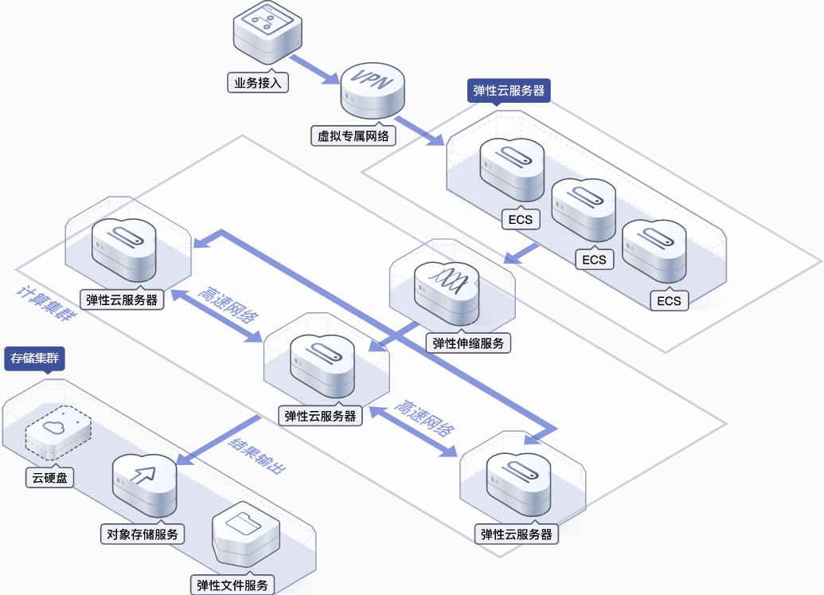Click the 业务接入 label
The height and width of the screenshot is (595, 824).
[257, 83]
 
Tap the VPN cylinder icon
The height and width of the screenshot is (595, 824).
[373, 91]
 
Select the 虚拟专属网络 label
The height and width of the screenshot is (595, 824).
[353, 136]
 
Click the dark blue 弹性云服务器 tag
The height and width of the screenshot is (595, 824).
[509, 91]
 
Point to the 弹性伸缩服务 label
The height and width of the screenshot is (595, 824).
[468, 343]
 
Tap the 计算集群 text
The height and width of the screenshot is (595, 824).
[47, 303]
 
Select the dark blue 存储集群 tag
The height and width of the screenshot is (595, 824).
[35, 358]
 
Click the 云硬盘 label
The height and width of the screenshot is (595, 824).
[50, 478]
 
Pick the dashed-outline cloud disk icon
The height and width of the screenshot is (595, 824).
[58, 432]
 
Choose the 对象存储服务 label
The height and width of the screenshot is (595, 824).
[143, 534]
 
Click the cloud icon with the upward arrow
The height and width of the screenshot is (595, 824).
[145, 484]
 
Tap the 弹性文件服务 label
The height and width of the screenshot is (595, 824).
[232, 585]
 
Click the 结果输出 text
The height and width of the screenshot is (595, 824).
[257, 455]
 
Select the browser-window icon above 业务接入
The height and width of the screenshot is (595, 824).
[268, 33]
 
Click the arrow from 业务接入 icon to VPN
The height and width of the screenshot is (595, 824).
[315, 69]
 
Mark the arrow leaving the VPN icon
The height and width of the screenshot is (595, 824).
[420, 130]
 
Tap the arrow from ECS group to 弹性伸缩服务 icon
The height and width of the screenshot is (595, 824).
[521, 253]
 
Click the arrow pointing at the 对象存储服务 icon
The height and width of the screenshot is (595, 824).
[218, 440]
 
